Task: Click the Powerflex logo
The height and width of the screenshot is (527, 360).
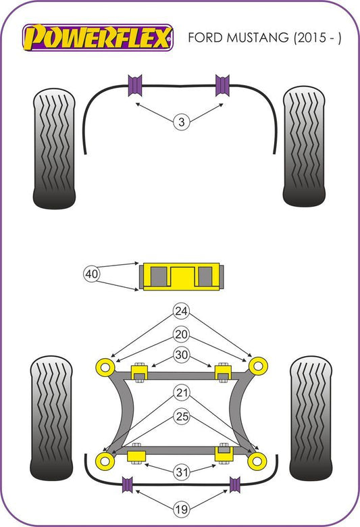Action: tap(98, 37)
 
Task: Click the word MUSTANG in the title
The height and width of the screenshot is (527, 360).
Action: tap(258, 37)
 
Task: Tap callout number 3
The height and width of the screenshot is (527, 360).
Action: tap(182, 122)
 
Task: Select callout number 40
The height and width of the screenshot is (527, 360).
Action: tap(91, 274)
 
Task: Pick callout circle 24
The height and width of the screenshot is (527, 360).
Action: tap(181, 311)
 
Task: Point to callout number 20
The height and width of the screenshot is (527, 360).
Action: tap(181, 334)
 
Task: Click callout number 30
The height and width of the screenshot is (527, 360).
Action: tap(181, 355)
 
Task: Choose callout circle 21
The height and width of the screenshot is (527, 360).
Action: tap(182, 393)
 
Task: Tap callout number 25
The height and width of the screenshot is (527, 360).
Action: tap(182, 417)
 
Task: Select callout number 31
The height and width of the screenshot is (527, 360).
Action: tap(182, 472)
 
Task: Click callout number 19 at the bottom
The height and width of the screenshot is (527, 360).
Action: tap(182, 509)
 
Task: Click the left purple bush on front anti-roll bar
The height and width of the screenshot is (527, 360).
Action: tap(135, 85)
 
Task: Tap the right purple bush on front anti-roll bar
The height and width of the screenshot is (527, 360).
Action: tap(222, 85)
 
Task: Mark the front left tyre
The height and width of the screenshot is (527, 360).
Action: tap(54, 149)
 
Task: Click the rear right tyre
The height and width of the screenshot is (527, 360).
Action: tap(311, 418)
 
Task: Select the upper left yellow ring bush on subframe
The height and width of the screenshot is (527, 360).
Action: tap(105, 368)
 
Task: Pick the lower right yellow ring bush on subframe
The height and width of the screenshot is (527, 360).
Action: tap(257, 461)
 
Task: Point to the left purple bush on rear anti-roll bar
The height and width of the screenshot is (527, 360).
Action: tap(128, 484)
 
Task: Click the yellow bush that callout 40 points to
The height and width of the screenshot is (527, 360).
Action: tap(182, 277)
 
